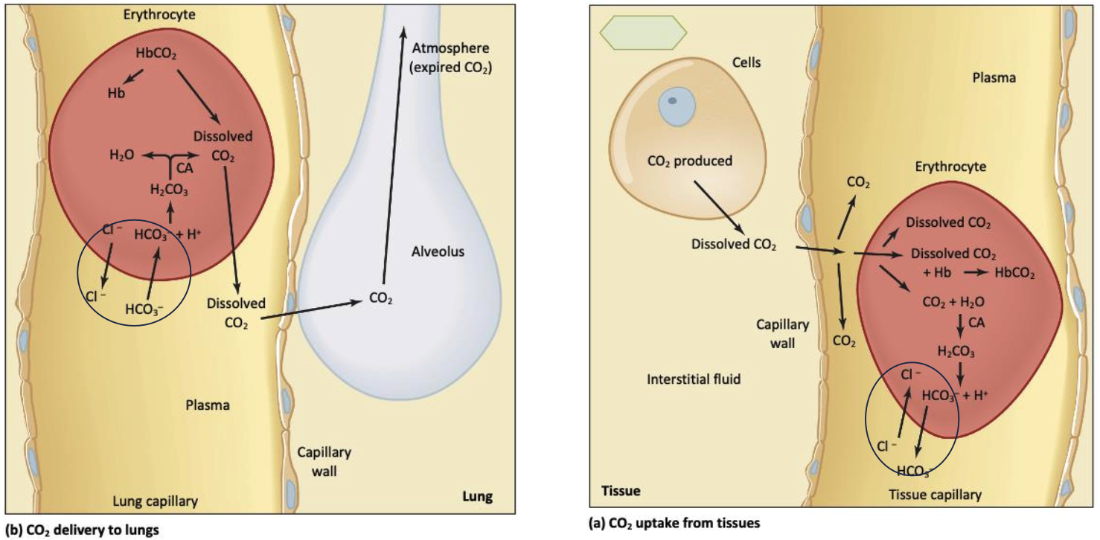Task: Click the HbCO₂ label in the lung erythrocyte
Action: [156, 54]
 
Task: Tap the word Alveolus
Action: [438, 251]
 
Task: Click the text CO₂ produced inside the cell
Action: [689, 161]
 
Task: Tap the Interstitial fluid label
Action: [694, 379]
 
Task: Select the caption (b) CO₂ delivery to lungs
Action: [83, 530]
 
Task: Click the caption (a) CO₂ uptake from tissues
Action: [674, 523]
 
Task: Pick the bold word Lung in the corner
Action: [477, 497]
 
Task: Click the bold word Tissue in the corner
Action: [620, 491]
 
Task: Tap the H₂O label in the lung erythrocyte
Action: [121, 155]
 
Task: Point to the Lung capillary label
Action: [155, 501]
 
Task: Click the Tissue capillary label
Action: [935, 495]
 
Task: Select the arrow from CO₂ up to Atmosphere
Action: [394, 156]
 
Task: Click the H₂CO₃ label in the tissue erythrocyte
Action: [956, 350]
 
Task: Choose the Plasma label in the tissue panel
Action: [994, 77]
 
